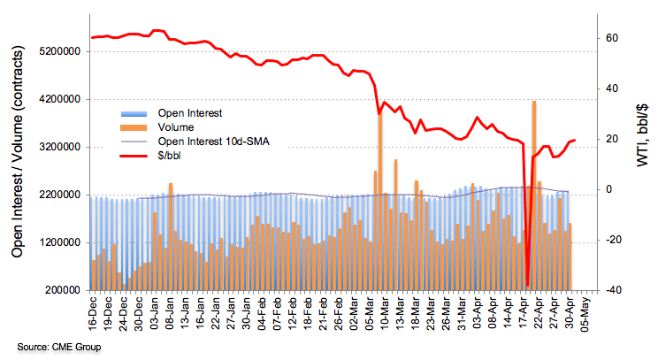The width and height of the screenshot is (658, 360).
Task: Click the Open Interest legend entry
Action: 189,113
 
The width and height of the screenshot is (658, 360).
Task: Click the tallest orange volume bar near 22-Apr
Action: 534,195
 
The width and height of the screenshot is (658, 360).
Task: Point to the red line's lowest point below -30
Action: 527,285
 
